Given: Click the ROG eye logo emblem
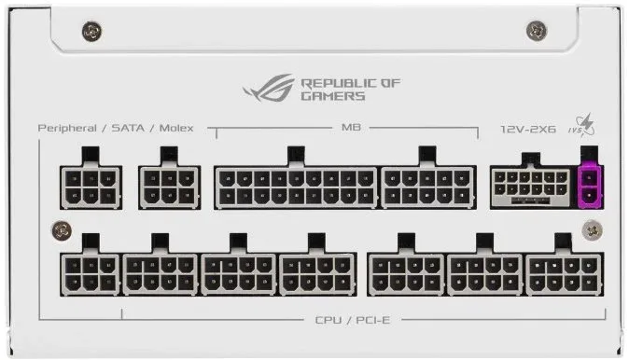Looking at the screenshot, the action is pos(269,89).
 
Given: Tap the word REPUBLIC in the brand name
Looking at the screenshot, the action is pos(339,83).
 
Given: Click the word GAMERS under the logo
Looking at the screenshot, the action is pos(333,96).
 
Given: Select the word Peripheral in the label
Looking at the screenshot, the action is pos(67,129).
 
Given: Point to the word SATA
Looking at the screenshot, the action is pos(128,129).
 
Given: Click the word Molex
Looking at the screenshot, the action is pos(176,129).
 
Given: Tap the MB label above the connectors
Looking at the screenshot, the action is pos(351,128).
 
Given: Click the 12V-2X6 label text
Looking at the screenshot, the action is pos(528,129).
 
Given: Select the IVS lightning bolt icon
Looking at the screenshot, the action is pos(582,125).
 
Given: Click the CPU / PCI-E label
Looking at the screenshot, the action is pos(352,320).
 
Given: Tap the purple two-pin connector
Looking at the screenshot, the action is pos(590,187).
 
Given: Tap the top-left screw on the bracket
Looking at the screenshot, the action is pos(91,32).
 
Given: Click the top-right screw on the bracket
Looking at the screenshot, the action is pos(537,31).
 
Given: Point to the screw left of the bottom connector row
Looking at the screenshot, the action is pos(62,230).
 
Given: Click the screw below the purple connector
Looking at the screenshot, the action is pos(592,230).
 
